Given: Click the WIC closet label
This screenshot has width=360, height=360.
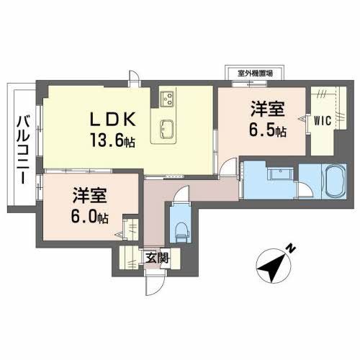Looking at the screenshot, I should click(x=322, y=120).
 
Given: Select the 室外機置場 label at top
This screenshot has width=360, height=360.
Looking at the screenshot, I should click(x=253, y=72).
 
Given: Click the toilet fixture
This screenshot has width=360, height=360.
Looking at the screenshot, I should click(x=180, y=230).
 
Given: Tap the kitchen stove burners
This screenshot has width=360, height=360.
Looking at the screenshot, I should click(x=166, y=96).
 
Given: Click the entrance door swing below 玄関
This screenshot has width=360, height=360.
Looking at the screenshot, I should click(x=151, y=283).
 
